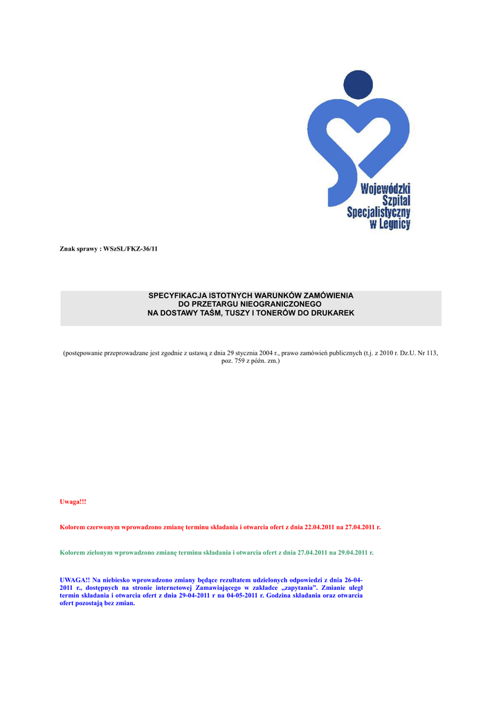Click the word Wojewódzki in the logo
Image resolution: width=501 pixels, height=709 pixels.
[x=386, y=188]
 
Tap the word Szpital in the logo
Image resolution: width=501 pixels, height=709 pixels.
[x=396, y=200]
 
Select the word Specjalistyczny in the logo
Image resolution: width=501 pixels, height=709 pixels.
[x=379, y=213]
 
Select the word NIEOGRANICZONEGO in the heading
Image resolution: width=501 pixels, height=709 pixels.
[x=277, y=305]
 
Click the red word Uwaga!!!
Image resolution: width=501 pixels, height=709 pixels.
[x=73, y=501]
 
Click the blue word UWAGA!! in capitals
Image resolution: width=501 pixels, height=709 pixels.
[x=75, y=579]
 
